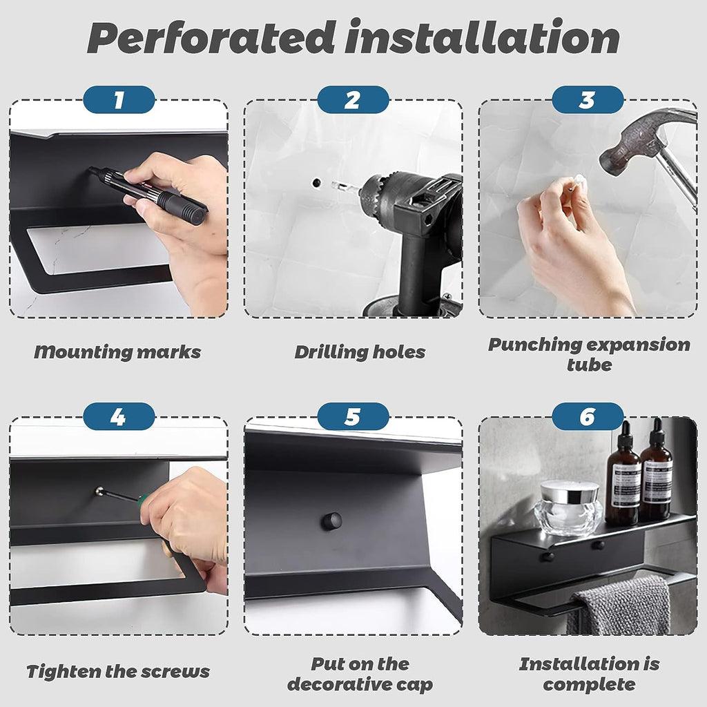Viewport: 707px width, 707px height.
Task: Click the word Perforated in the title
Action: pos(211,37)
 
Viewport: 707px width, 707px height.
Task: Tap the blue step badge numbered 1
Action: pos(119,99)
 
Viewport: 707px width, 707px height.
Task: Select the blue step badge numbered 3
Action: pos(588,99)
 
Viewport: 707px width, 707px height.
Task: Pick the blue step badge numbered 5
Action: pos(353,416)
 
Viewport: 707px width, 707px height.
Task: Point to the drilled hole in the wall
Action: pos(316,182)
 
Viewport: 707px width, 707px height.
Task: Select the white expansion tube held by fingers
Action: pos(578,182)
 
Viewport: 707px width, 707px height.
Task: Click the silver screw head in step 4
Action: pos(100,492)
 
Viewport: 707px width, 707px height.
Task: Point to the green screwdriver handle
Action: pos(144,501)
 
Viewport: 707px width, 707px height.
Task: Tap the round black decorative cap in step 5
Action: pos(331,521)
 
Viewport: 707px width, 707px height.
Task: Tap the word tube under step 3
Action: pos(589,365)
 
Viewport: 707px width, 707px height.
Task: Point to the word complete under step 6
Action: pos(589,684)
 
